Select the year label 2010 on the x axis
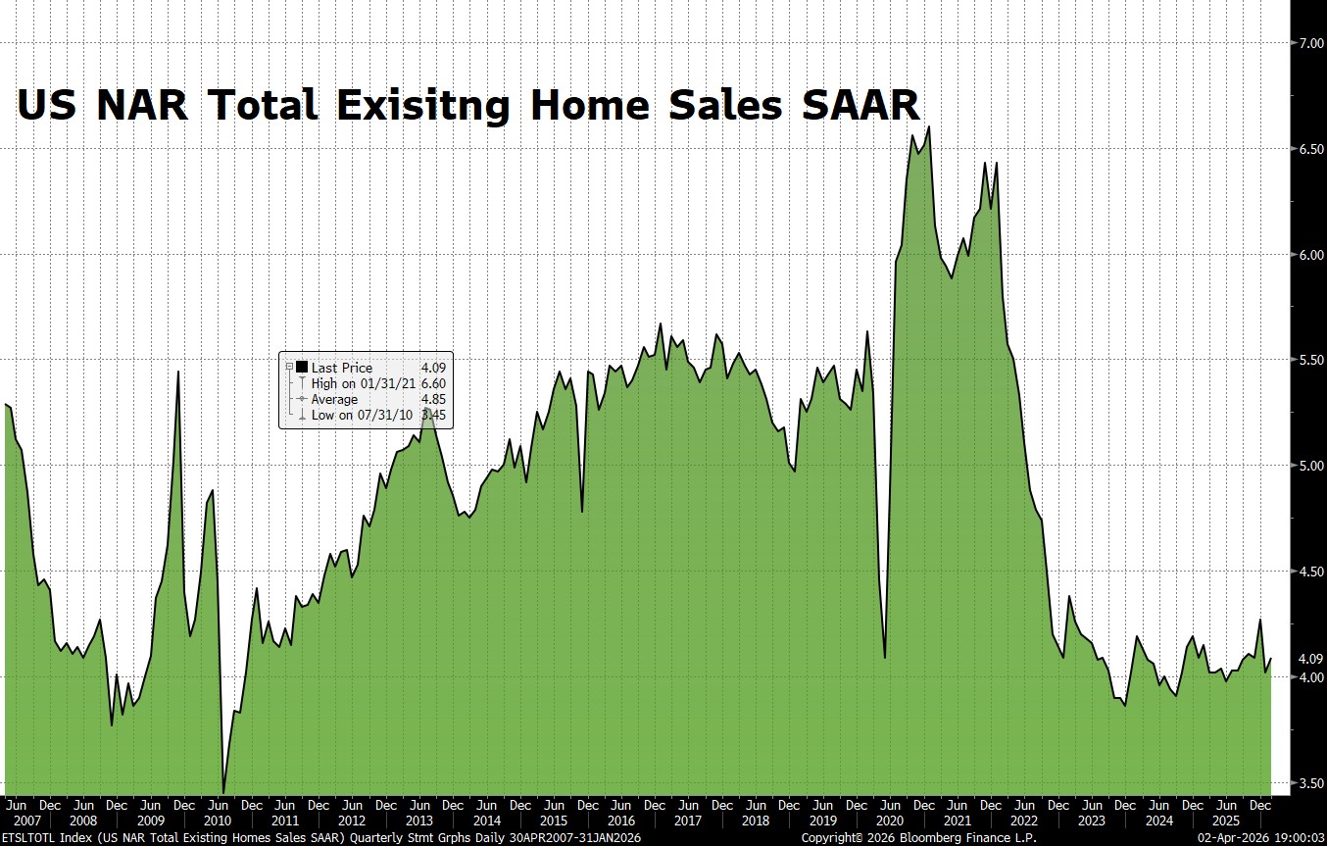pyautogui.click(x=218, y=821)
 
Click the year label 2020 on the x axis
pyautogui.click(x=889, y=821)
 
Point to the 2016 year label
pyautogui.click(x=620, y=821)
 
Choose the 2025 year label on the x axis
pyautogui.click(x=1225, y=821)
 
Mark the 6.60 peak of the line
pyautogui.click(x=928, y=127)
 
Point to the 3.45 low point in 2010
pyautogui.click(x=223, y=792)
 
